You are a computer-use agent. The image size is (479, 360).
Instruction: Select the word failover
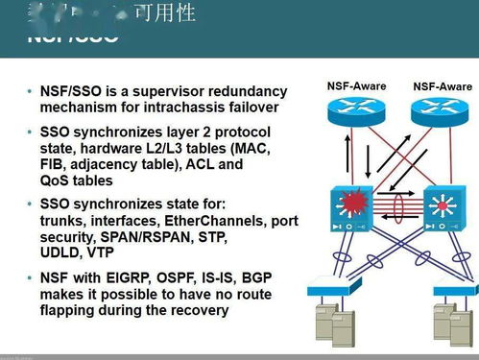[253, 107]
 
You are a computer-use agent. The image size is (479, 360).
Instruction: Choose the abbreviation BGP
[254, 277]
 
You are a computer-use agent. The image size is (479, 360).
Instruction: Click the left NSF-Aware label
[355, 85]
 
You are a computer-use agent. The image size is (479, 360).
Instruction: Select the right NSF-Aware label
[443, 85]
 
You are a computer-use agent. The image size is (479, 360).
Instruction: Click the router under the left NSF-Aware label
[355, 113]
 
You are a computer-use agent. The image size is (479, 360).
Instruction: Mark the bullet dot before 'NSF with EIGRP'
[29, 278]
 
